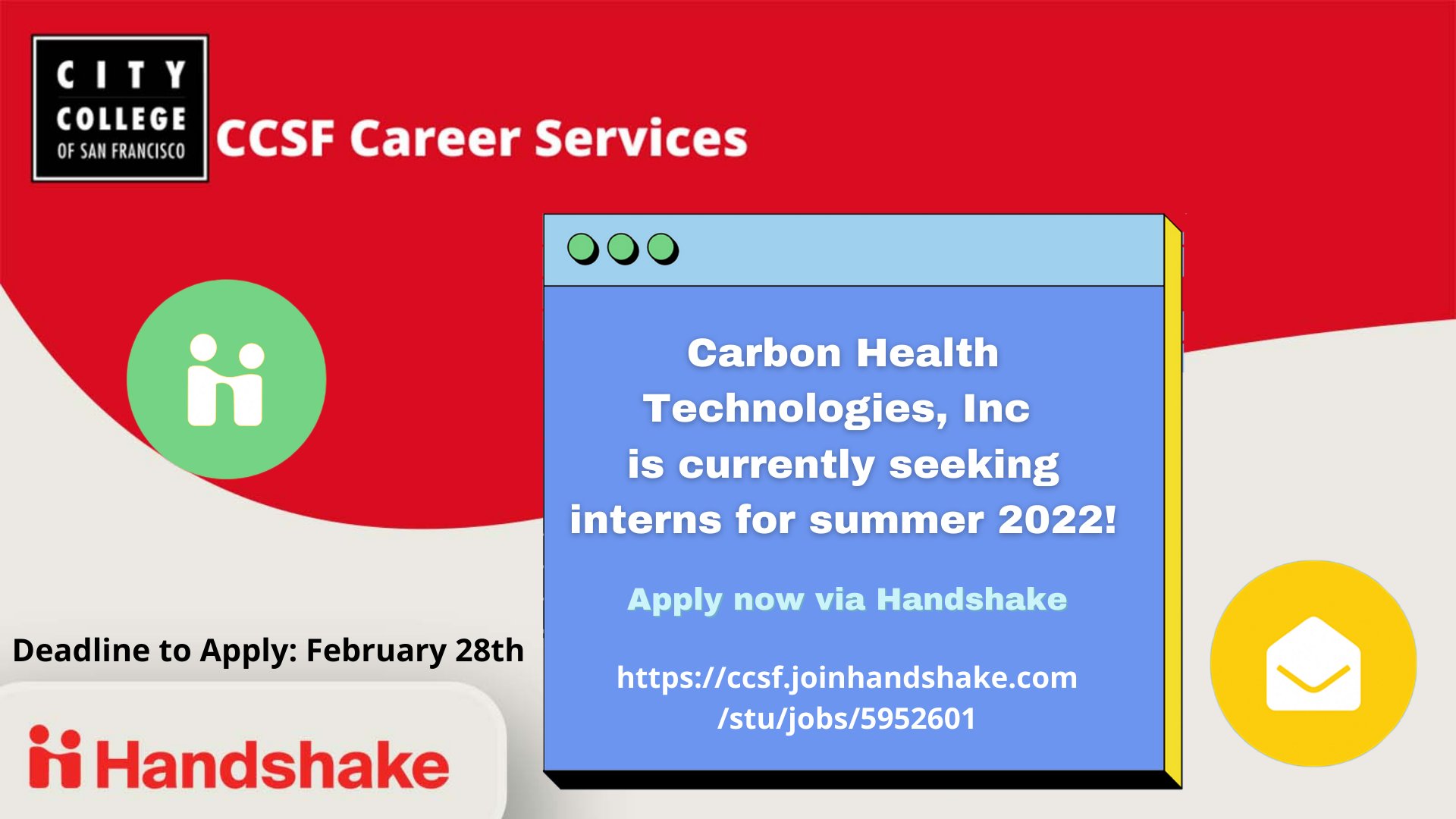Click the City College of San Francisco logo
click(x=120, y=108)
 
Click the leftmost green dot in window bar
click(x=582, y=248)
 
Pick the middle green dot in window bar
click(x=623, y=248)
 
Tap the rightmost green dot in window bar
click(x=662, y=248)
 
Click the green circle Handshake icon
click(x=226, y=379)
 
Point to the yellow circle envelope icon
click(x=1313, y=664)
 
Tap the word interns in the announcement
click(x=645, y=520)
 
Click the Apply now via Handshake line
click(x=847, y=599)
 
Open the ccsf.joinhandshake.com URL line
click(x=847, y=677)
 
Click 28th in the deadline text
click(x=490, y=651)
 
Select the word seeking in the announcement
click(x=974, y=465)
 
